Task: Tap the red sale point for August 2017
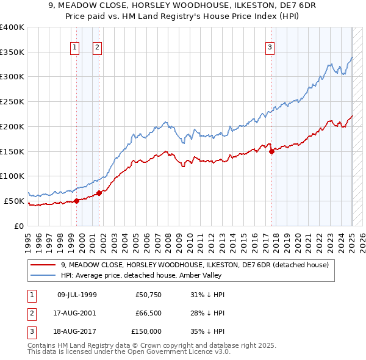click(271, 151)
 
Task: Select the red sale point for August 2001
click(99, 193)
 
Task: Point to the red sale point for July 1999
click(76, 201)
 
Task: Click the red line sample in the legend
click(43, 265)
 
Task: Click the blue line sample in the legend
click(43, 275)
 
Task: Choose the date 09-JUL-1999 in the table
click(77, 295)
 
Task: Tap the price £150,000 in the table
click(146, 331)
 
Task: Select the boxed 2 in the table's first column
click(30, 313)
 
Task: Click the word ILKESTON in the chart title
click(215, 6)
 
